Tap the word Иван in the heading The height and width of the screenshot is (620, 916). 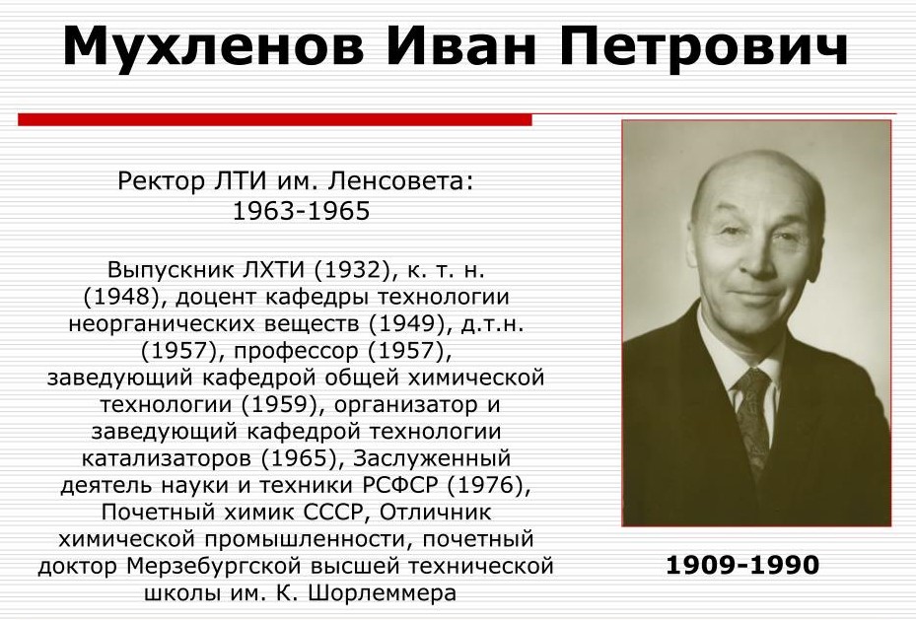pyautogui.click(x=460, y=45)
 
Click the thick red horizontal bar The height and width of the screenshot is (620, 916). pyautogui.click(x=274, y=119)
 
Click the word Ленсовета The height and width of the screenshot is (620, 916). pyautogui.click(x=400, y=181)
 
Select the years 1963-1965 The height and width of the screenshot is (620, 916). pyautogui.click(x=301, y=211)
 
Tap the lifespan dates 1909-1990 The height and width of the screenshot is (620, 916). pyautogui.click(x=742, y=565)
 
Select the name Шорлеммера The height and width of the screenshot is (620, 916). pyautogui.click(x=381, y=593)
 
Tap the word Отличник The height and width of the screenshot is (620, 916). pyautogui.click(x=435, y=512)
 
